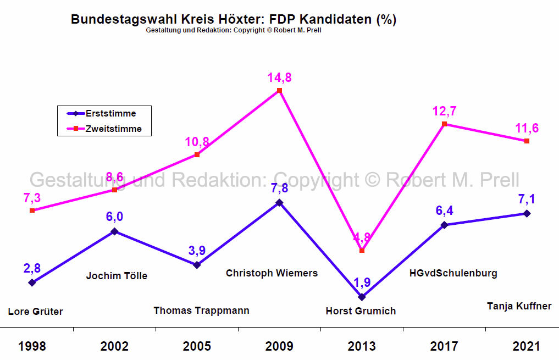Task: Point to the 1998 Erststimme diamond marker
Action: click(32, 283)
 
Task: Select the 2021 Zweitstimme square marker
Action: click(527, 141)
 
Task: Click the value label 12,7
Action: click(444, 112)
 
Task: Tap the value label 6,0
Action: click(114, 217)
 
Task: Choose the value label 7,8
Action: click(279, 188)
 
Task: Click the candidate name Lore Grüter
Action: click(36, 312)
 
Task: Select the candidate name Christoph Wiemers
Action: click(272, 273)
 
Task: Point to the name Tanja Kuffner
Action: click(519, 306)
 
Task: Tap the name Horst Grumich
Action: click(361, 311)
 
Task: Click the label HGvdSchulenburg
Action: click(453, 273)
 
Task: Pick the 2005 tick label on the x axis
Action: click(197, 346)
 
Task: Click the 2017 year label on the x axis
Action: click(444, 346)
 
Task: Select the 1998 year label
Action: click(32, 346)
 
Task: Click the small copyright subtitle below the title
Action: click(234, 30)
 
